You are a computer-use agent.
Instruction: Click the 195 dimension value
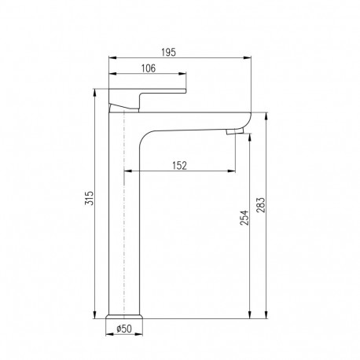[168, 53]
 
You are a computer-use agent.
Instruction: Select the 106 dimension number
[149, 68]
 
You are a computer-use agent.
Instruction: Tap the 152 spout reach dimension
[180, 166]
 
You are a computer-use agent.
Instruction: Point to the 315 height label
[89, 198]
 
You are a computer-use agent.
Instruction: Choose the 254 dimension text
[244, 218]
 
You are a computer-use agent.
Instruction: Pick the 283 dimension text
[261, 205]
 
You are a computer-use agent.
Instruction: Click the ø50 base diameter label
[124, 329]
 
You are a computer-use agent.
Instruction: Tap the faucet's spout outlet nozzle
[235, 130]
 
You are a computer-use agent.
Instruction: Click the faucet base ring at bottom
[124, 316]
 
